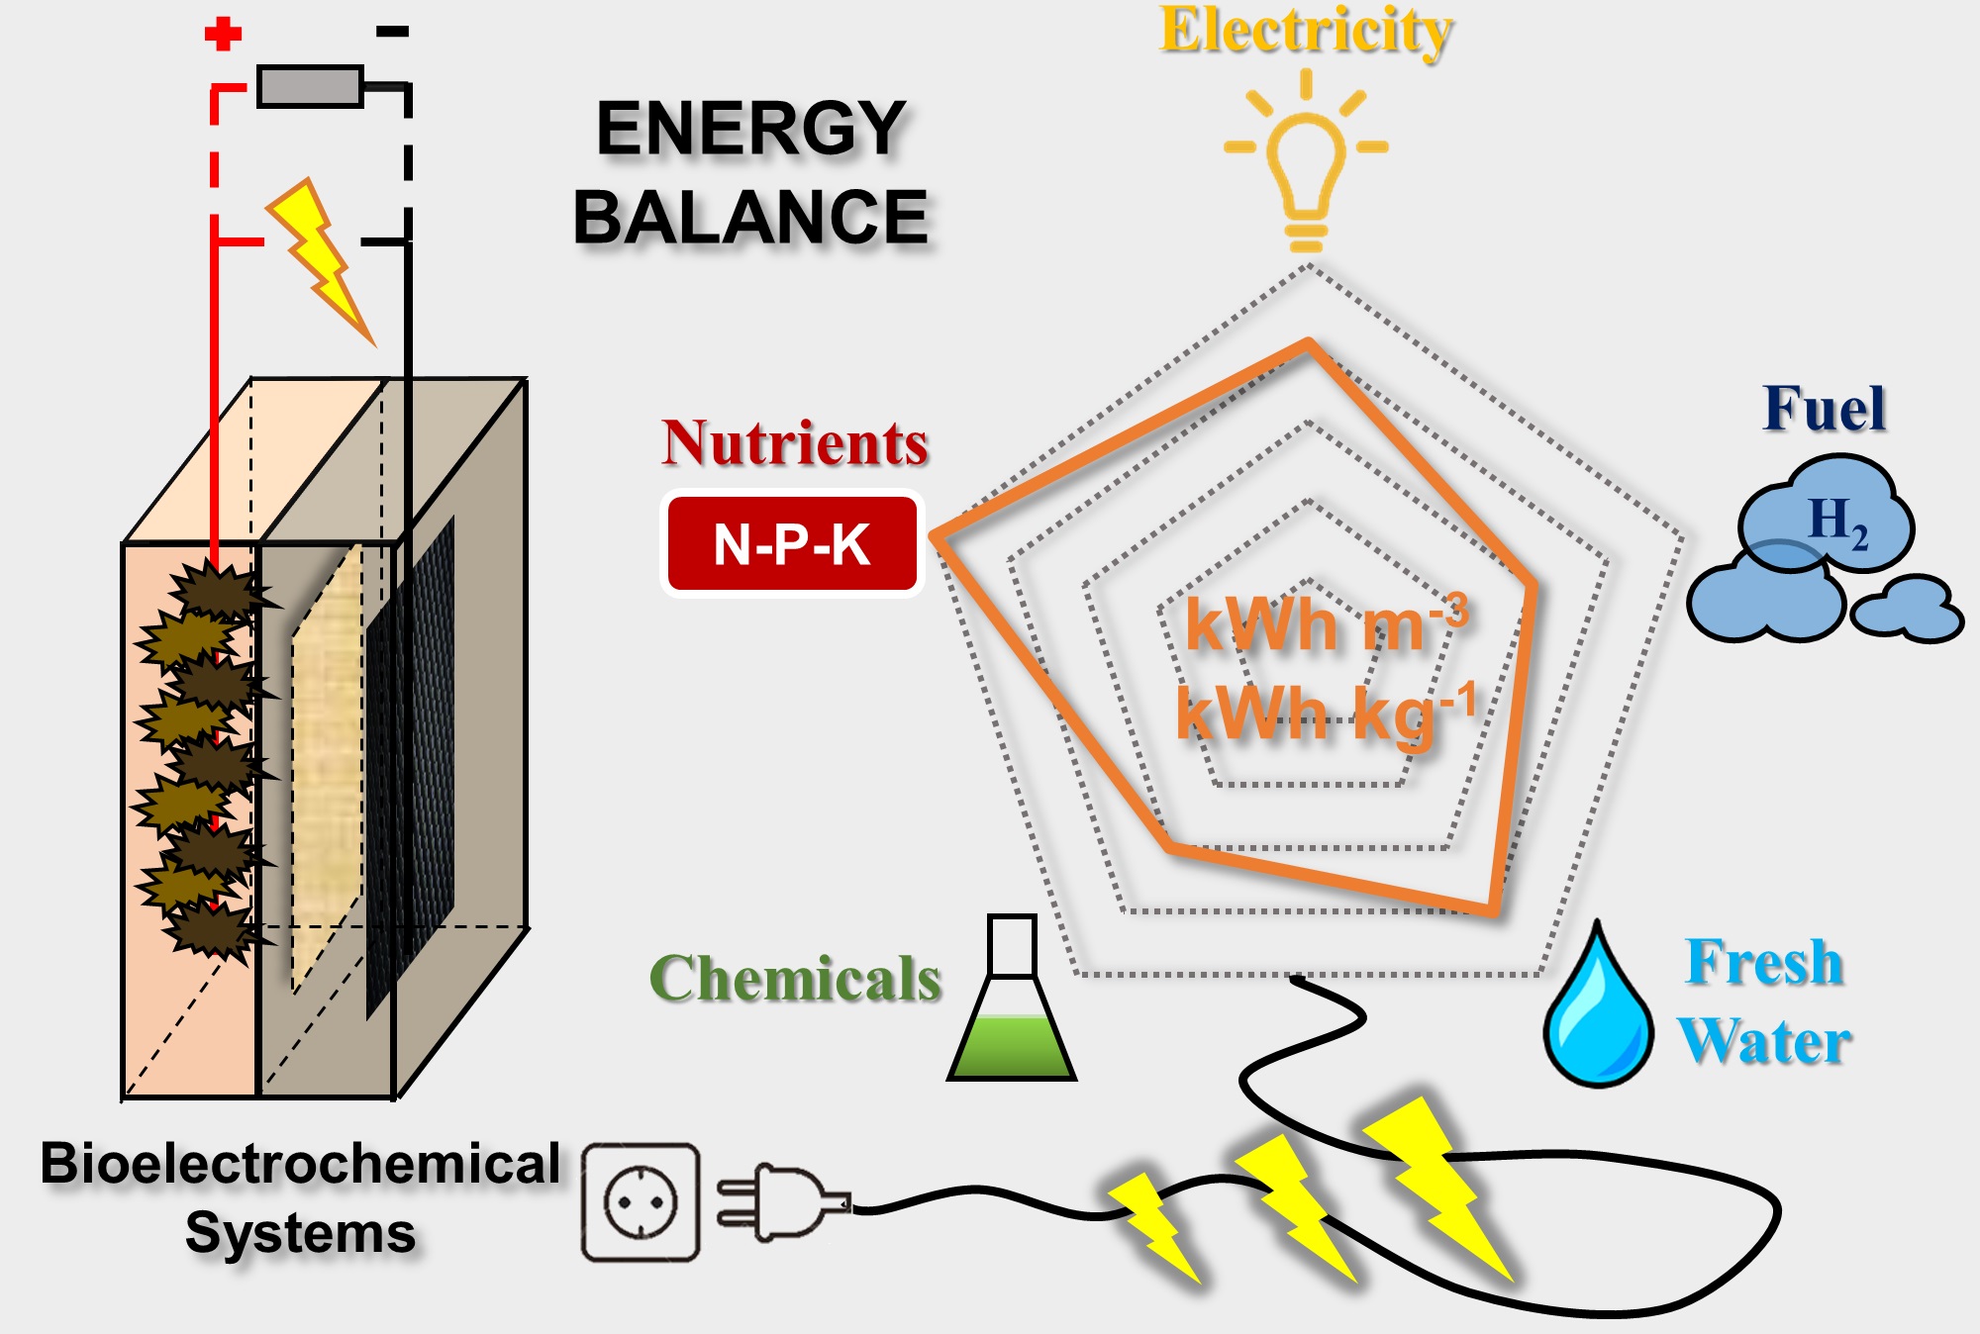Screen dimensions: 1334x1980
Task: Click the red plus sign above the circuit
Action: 223,34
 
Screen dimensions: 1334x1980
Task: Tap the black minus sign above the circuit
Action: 392,32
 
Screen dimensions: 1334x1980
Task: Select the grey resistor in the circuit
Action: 310,87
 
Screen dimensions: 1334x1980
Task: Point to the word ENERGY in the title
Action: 750,130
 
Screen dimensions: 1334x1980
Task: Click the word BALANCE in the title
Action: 750,218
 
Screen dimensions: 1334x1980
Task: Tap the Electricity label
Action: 1306,32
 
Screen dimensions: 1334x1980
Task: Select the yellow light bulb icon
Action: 1305,168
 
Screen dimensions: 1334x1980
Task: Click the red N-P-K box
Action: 792,544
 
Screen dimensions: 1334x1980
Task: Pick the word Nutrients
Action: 795,442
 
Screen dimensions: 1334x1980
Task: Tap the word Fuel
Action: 1824,409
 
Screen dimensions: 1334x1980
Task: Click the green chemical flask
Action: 1012,1019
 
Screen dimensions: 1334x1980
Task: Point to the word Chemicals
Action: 795,979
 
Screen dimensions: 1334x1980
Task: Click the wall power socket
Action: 641,1202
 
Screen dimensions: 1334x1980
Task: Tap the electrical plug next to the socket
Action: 782,1202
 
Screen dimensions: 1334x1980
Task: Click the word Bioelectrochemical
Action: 300,1164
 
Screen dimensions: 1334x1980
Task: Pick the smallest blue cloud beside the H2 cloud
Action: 1908,610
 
